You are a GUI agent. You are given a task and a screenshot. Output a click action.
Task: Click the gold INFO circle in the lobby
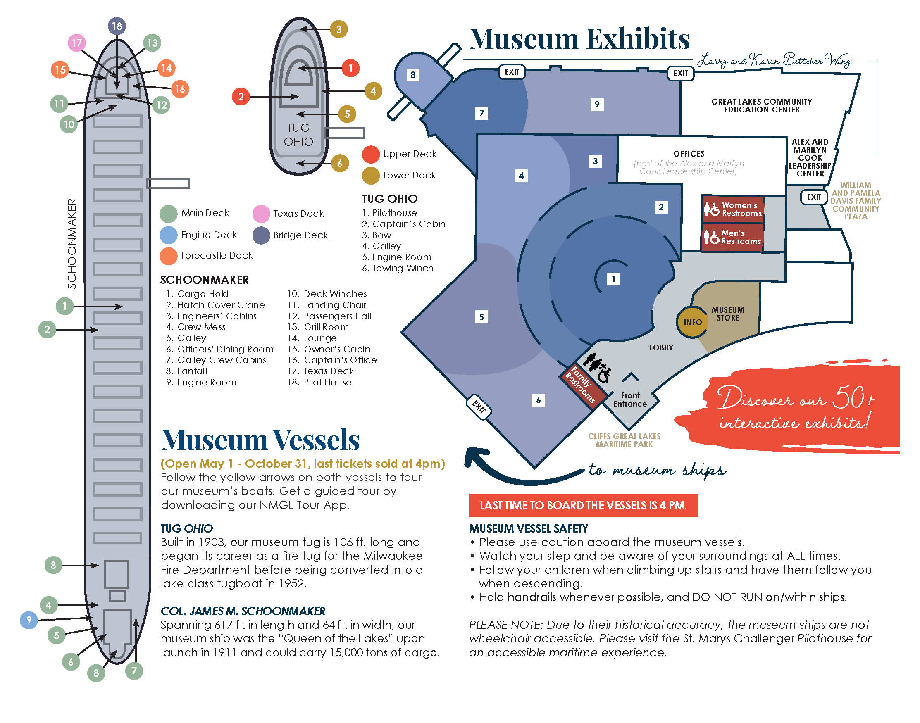(692, 322)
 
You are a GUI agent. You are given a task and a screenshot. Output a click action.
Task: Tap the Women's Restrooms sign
(733, 209)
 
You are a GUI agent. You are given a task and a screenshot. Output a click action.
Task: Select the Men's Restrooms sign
(732, 237)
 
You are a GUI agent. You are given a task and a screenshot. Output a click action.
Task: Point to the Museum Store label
(727, 314)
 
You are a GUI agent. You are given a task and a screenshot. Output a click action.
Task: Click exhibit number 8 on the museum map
(413, 75)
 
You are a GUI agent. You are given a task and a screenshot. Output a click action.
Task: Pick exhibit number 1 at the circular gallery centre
(613, 279)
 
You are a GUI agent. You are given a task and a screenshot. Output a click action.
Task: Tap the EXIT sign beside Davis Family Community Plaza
(814, 197)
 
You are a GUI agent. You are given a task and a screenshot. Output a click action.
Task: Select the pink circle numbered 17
(76, 43)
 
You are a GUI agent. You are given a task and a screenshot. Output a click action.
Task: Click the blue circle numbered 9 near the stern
(29, 620)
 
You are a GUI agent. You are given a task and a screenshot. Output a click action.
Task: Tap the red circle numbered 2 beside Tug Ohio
(241, 97)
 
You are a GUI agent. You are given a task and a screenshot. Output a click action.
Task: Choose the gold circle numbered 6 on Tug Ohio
(340, 163)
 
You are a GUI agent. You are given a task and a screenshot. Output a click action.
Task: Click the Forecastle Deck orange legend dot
(169, 256)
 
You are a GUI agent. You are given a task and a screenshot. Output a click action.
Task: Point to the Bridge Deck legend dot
(261, 235)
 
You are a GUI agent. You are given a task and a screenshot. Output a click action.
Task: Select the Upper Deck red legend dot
(370, 155)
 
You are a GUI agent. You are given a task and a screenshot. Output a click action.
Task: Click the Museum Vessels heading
(260, 440)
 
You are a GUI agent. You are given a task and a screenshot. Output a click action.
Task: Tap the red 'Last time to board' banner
(584, 505)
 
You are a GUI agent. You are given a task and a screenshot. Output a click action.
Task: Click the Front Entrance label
(630, 400)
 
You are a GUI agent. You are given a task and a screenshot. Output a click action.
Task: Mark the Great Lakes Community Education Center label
(761, 105)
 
